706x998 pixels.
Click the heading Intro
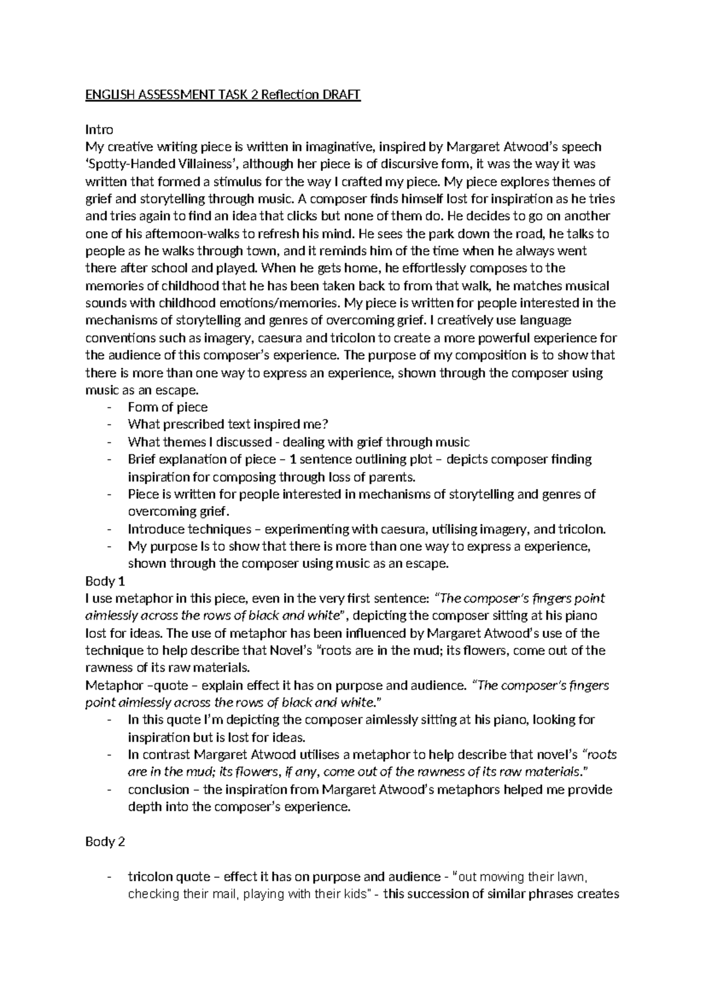pos(99,129)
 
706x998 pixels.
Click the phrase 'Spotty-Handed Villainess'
pos(162,164)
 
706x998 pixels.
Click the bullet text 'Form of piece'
pos(168,407)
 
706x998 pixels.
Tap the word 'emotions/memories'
pos(271,304)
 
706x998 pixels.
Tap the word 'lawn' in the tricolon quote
pos(574,877)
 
